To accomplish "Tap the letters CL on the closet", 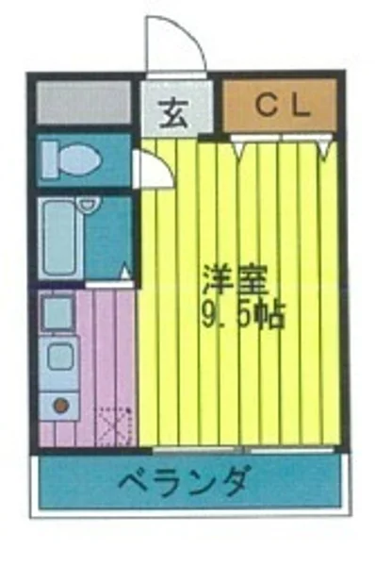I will click(x=280, y=106).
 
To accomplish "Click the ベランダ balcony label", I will click(x=185, y=482).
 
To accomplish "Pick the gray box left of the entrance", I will click(x=84, y=103).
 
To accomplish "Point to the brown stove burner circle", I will click(x=60, y=406).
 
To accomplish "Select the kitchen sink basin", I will click(x=59, y=358).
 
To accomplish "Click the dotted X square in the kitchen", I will click(x=117, y=424).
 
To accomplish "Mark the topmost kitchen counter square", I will click(x=58, y=314).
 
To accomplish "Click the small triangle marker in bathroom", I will click(x=123, y=274).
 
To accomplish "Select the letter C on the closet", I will click(x=263, y=106).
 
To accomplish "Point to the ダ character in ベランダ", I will click(x=236, y=482).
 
